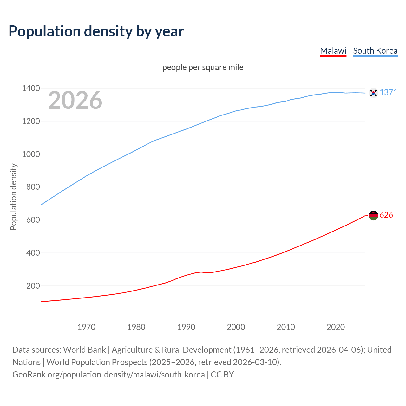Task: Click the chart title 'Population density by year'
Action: [x=96, y=31]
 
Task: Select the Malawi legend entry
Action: [x=333, y=51]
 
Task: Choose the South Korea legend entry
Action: [x=375, y=51]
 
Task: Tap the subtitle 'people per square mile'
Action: [x=203, y=67]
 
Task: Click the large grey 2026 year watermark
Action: [x=75, y=100]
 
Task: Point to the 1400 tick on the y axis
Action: [x=31, y=88]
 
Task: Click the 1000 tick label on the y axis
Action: [x=31, y=154]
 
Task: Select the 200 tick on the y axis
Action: [x=33, y=286]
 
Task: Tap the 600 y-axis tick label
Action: [x=33, y=220]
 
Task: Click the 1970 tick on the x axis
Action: [x=86, y=327]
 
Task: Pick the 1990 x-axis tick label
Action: [x=186, y=327]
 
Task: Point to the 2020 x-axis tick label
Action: [x=336, y=327]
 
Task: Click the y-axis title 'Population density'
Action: [x=13, y=197]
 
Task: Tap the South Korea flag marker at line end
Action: [x=373, y=93]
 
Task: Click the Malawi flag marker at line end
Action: [x=373, y=215]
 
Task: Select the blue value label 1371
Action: [x=389, y=92]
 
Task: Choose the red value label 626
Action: [x=386, y=215]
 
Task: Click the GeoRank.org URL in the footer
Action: [x=108, y=375]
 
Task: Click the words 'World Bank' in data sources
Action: [x=84, y=350]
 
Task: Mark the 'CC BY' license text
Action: [x=222, y=375]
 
